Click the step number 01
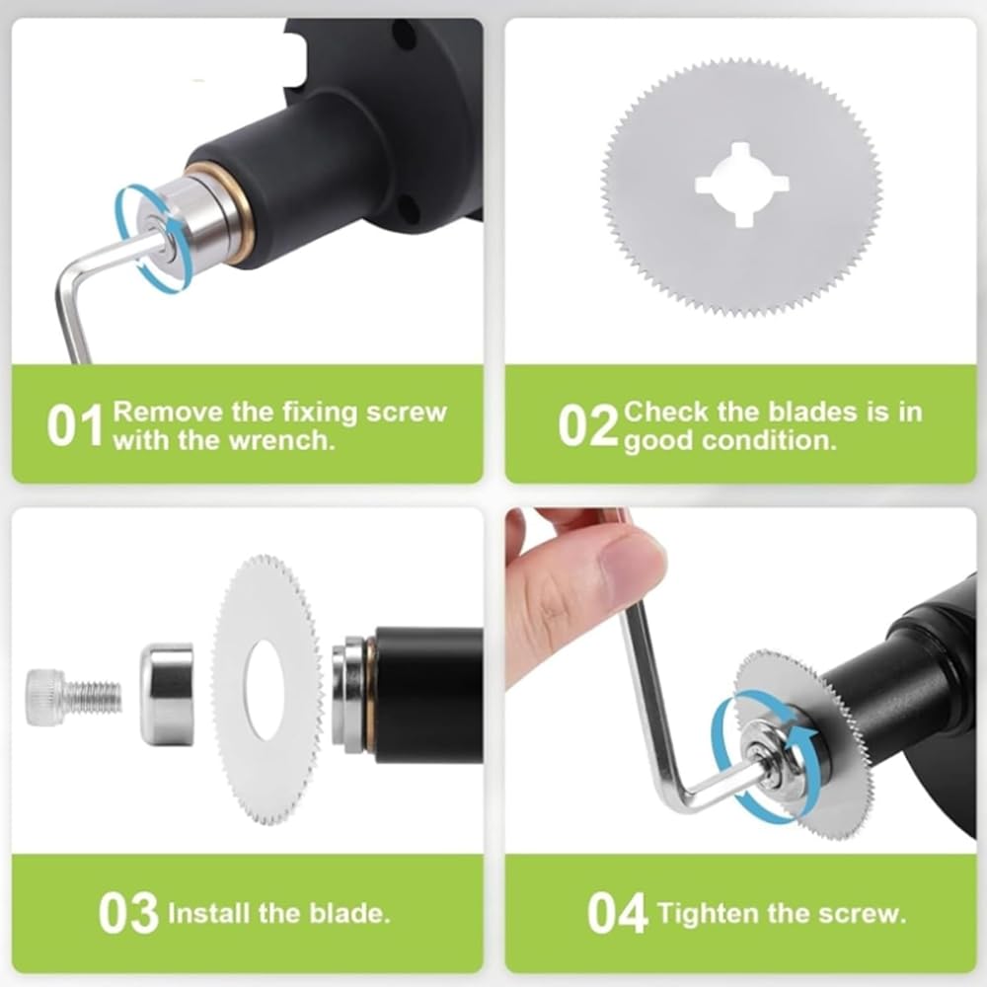[74, 425]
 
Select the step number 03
[128, 913]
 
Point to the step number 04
[617, 913]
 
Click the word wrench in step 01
[280, 440]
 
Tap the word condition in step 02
[769, 440]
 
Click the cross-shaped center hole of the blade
[741, 185]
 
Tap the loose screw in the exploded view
[74, 698]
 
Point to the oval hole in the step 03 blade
[265, 690]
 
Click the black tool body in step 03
[429, 695]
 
